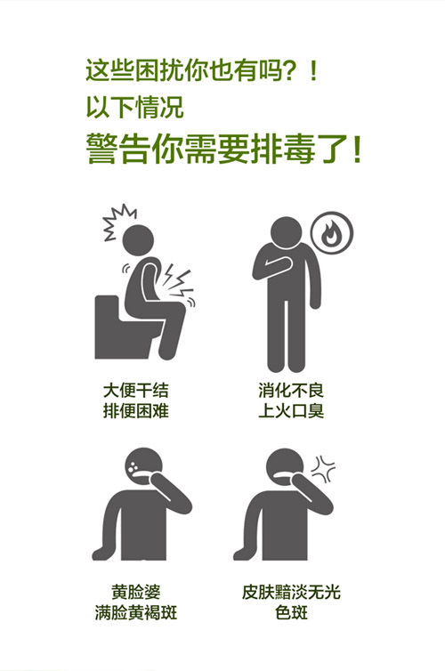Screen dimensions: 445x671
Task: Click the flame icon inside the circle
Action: [332, 234]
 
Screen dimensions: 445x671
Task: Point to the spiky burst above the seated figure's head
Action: [118, 222]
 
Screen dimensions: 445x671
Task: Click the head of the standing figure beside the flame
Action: [287, 232]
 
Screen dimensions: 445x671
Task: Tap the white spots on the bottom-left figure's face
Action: [134, 466]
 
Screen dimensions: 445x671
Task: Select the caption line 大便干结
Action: [135, 391]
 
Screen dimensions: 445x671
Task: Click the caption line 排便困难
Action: [135, 411]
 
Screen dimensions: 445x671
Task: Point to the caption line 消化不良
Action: [291, 391]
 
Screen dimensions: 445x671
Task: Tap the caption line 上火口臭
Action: [291, 411]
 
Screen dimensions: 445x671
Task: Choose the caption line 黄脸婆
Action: [135, 593]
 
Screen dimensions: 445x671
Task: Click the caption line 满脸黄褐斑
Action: [135, 613]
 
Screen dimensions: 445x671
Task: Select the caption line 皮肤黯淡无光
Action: [291, 593]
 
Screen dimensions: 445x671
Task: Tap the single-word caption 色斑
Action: [291, 613]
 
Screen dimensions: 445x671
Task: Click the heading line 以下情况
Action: [134, 107]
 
